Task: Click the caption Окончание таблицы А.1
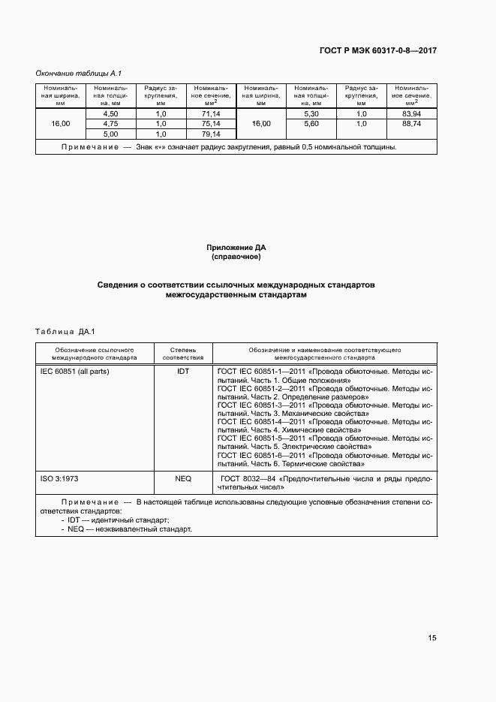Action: [79, 73]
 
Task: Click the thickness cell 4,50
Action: [110, 113]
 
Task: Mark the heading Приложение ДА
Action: [236, 248]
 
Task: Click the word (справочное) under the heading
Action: [236, 257]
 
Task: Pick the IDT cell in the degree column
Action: [183, 372]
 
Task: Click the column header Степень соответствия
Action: [183, 354]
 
